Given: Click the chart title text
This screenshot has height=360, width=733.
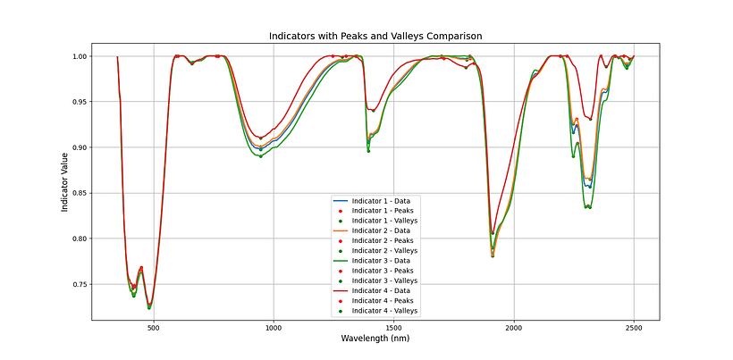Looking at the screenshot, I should point(375,36).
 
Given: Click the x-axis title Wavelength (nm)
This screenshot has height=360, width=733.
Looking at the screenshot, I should point(375,339).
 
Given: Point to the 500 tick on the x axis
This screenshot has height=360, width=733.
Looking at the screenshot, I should point(153,327).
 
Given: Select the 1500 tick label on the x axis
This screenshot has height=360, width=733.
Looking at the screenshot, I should point(393,327).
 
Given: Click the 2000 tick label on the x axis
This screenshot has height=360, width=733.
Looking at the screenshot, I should point(514,327).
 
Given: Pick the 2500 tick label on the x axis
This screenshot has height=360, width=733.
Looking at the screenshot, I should point(634,327).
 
